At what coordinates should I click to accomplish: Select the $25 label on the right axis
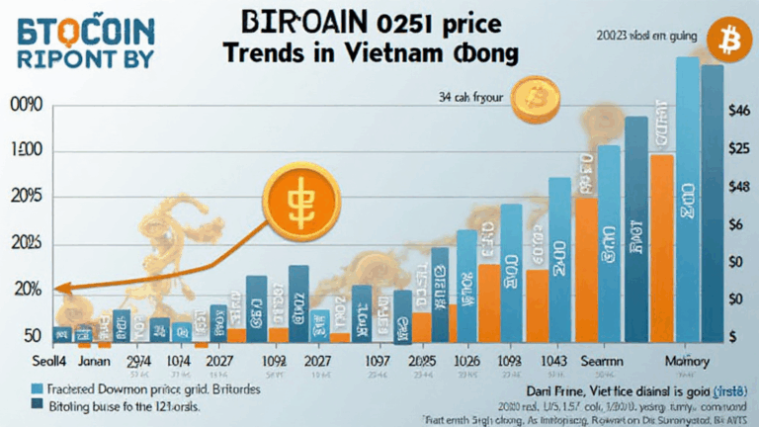741,149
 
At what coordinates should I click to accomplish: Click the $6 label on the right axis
736,224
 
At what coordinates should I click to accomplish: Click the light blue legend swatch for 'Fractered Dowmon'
40,389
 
